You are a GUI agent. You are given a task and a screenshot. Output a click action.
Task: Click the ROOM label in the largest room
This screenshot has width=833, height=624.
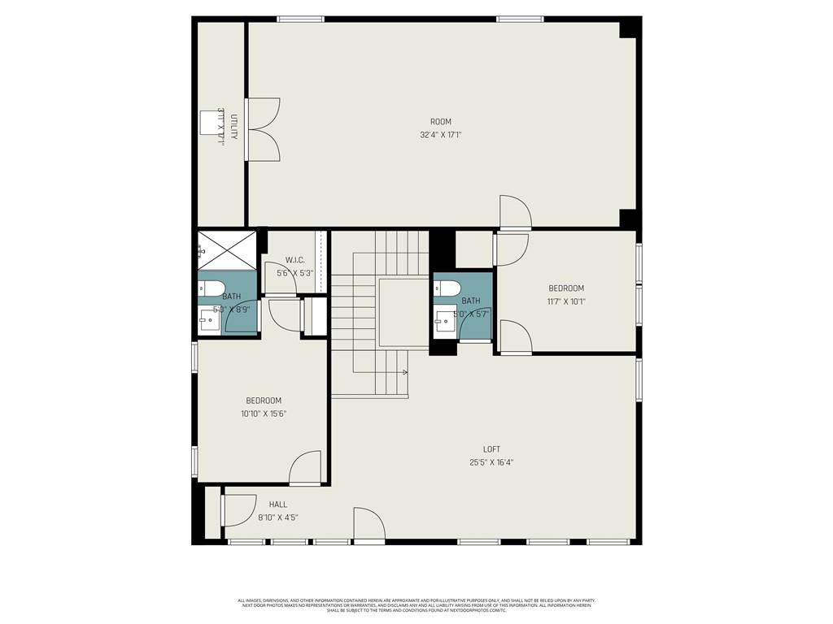point(441,122)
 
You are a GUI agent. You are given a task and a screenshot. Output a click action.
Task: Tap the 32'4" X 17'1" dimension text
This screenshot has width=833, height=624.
point(441,135)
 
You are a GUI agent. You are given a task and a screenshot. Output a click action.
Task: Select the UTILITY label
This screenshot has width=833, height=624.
point(233,126)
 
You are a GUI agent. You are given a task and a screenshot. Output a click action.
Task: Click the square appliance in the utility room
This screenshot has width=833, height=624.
point(211,121)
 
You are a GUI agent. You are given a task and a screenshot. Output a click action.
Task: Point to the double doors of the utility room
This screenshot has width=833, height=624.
point(263,129)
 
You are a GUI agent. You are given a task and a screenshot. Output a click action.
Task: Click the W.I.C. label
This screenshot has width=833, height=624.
point(294,260)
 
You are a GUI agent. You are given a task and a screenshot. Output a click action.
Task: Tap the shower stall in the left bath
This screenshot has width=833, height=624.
point(227,249)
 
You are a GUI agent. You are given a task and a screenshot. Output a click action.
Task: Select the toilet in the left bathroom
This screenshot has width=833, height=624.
point(211,288)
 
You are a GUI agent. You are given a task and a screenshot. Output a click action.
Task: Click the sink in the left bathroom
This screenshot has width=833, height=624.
point(208,320)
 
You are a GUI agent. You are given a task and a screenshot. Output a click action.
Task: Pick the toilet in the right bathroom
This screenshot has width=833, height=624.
point(447,288)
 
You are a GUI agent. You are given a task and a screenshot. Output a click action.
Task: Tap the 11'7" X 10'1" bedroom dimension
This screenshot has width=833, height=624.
point(566,301)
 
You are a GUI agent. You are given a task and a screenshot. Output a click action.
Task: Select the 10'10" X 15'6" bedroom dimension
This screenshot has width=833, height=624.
point(264,414)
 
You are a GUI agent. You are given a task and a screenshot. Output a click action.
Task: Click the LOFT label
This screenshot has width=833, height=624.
point(491,449)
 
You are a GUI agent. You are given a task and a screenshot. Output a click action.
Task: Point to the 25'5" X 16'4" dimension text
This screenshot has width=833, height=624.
point(491,462)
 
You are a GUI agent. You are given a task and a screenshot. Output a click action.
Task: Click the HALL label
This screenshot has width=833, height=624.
point(278,505)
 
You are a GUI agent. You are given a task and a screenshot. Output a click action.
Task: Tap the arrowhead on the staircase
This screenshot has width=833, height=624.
point(404,372)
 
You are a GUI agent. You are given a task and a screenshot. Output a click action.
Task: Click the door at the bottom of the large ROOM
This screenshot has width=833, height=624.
point(515,213)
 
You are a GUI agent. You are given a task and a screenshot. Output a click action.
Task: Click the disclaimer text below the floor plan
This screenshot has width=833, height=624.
point(416,605)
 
